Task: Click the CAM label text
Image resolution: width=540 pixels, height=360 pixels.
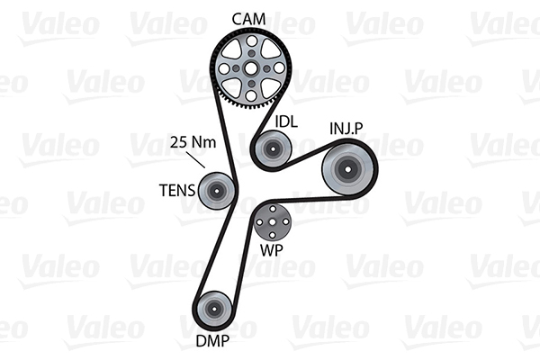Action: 248,18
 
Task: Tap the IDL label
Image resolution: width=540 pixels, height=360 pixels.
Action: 286,121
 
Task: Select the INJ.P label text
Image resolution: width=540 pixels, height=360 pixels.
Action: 346,130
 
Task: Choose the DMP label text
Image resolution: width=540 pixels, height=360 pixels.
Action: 211,340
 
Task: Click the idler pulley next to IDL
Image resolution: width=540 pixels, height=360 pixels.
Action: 270,148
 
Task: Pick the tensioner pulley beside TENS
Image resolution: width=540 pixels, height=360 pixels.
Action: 216,189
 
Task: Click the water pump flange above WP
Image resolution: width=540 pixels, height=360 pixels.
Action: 270,220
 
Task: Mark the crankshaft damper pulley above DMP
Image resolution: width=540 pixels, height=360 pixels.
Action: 213,310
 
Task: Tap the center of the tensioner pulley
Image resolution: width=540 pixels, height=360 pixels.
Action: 216,189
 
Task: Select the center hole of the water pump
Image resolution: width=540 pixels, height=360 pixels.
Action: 270,220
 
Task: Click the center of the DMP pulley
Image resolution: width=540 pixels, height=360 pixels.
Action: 213,310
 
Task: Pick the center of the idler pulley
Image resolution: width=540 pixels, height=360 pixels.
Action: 270,148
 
